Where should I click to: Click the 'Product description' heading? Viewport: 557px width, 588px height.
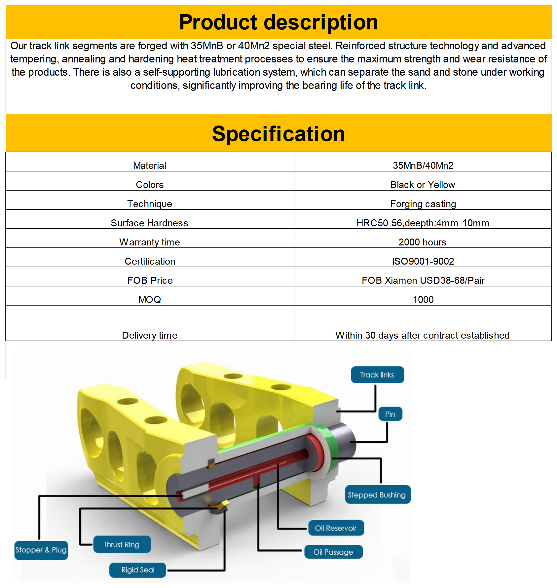coord(278,22)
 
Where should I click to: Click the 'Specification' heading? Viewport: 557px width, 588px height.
coord(278,134)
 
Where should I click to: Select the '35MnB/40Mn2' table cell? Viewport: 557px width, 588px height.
coord(423,165)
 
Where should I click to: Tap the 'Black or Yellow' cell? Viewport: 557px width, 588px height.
coord(423,184)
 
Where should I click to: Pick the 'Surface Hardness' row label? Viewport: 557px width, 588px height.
coord(149,223)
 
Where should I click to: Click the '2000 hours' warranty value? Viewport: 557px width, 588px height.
coord(423,242)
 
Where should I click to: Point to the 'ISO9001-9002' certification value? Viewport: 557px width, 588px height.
coord(423,261)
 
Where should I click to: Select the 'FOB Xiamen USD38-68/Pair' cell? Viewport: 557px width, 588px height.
coord(423,280)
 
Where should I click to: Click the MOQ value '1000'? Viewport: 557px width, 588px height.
coord(423,299)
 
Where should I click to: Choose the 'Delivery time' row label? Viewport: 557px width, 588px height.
coord(150,335)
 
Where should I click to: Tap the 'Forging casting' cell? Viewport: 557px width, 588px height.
coord(423,203)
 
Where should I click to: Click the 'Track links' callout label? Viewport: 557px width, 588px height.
coord(377,375)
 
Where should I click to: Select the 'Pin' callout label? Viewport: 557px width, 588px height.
coord(390,414)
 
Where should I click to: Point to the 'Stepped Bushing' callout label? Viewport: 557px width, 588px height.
coord(377,495)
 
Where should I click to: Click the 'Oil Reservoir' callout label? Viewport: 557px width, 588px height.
coord(336,528)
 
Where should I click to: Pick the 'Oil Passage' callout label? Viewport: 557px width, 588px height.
coord(333,552)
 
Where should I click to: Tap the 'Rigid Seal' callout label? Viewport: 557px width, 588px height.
coord(138,570)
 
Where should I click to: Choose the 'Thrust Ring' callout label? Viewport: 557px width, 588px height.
coord(122,544)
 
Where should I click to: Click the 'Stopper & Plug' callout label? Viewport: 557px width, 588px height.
coord(41,550)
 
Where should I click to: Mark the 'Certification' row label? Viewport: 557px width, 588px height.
coord(150,261)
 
